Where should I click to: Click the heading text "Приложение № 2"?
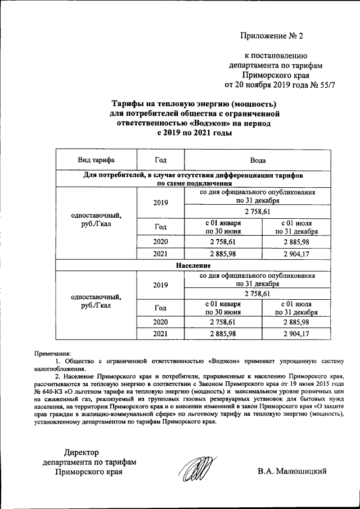click(x=272, y=37)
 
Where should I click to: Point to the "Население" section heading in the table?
click(x=193, y=264)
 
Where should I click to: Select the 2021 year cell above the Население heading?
click(x=160, y=254)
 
